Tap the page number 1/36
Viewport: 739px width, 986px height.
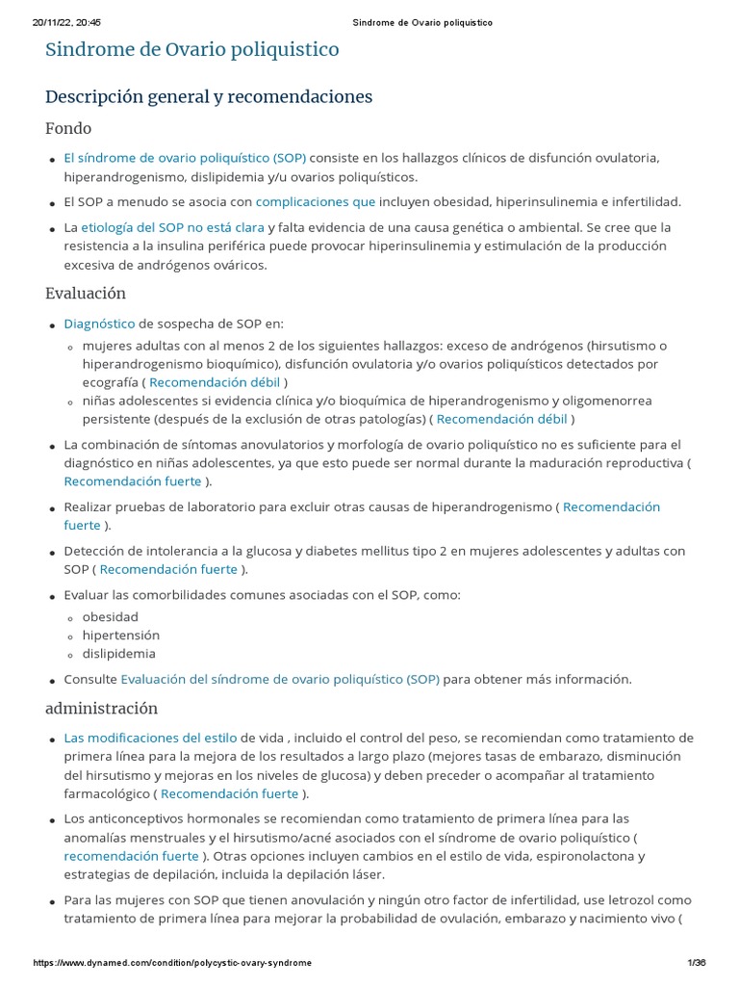(x=697, y=963)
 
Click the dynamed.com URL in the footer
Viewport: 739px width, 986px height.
(x=172, y=963)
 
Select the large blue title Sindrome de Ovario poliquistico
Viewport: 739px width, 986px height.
(x=191, y=49)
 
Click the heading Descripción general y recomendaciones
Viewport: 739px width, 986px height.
(x=209, y=97)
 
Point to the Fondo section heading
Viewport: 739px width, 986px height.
(x=68, y=128)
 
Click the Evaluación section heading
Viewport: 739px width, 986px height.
(x=85, y=293)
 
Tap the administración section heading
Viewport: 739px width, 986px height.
(x=101, y=708)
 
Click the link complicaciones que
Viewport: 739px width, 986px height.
(x=315, y=202)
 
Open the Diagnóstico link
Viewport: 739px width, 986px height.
(x=99, y=324)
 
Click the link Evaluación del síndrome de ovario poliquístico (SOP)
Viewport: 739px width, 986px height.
(x=280, y=679)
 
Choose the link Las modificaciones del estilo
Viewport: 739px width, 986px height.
(x=150, y=738)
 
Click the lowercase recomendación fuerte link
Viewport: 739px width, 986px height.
(x=132, y=856)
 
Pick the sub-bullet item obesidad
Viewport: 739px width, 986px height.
(x=111, y=616)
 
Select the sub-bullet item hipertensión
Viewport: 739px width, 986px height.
(x=121, y=635)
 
